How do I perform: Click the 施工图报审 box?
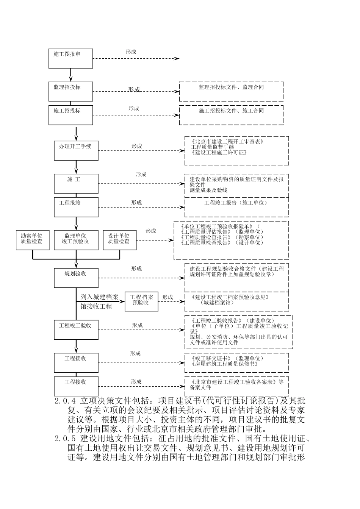click(70, 58)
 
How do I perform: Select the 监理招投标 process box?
click(70, 91)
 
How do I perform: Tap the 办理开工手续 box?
click(76, 150)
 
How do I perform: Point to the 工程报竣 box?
click(76, 207)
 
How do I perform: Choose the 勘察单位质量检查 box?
click(33, 240)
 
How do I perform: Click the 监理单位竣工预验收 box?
click(76, 240)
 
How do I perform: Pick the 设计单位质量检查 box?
click(119, 240)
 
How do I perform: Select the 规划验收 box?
click(76, 278)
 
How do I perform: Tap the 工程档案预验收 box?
click(141, 301)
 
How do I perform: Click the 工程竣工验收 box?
click(76, 329)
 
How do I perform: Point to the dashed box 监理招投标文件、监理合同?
click(231, 91)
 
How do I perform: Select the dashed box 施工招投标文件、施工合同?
click(231, 115)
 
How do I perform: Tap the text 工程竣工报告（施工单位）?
click(236, 203)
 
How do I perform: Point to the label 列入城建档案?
click(99, 297)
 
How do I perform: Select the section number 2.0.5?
click(66, 439)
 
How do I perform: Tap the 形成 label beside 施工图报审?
click(131, 52)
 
